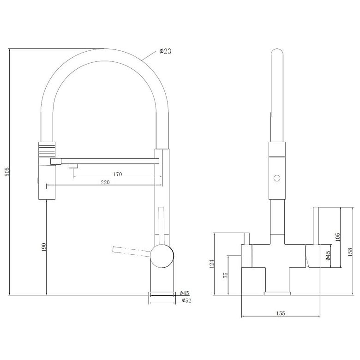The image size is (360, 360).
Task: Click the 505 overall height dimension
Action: click(x=7, y=172)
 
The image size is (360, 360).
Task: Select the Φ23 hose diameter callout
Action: click(x=165, y=51)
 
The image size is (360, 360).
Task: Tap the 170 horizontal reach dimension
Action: click(x=117, y=174)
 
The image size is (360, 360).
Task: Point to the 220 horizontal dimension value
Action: click(x=105, y=182)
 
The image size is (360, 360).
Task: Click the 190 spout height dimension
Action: click(x=44, y=247)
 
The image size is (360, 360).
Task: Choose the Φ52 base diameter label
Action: click(x=186, y=300)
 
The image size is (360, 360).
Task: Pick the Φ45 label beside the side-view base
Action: click(x=184, y=293)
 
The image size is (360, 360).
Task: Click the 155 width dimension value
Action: click(x=281, y=313)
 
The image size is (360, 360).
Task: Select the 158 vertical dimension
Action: click(x=350, y=252)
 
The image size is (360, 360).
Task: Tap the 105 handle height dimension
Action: click(x=337, y=237)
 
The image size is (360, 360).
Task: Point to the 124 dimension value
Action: click(x=212, y=264)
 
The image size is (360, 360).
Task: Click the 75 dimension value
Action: click(x=226, y=275)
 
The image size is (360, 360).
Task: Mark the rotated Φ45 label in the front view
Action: click(x=328, y=256)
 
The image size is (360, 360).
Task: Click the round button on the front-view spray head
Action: click(x=277, y=178)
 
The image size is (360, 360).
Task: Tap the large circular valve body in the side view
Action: click(x=162, y=256)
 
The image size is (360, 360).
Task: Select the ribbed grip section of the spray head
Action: click(x=47, y=149)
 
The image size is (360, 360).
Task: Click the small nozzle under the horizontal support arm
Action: click(x=73, y=166)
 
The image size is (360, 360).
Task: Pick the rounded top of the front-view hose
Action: click(x=277, y=52)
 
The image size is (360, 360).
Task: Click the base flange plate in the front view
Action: click(x=277, y=293)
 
